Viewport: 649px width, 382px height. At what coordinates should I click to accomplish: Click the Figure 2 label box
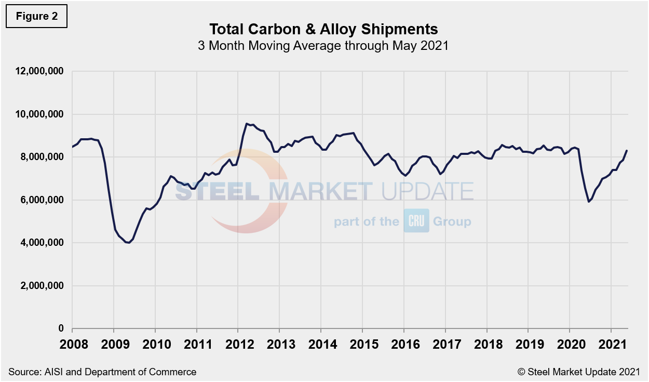tap(37, 16)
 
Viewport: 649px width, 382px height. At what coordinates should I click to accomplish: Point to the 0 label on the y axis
tap(61, 329)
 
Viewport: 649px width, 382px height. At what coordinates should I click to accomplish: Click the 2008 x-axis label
tap(72, 345)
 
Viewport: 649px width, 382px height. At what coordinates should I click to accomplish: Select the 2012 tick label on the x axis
tap(238, 345)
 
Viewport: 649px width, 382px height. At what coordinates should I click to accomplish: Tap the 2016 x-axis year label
tap(403, 345)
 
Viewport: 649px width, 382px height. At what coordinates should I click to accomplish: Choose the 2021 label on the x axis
tap(611, 345)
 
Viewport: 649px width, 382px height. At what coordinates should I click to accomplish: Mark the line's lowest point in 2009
tap(128, 243)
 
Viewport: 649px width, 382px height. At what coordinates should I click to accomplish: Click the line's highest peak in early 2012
tap(246, 124)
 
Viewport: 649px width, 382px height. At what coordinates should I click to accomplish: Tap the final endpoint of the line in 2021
tap(627, 151)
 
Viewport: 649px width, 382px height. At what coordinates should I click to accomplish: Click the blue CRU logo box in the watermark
tap(416, 221)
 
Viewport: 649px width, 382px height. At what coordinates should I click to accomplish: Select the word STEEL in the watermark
tap(218, 191)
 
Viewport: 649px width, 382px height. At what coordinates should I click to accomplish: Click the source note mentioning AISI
tap(102, 372)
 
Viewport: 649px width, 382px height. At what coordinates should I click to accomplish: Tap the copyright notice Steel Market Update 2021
tap(578, 372)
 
